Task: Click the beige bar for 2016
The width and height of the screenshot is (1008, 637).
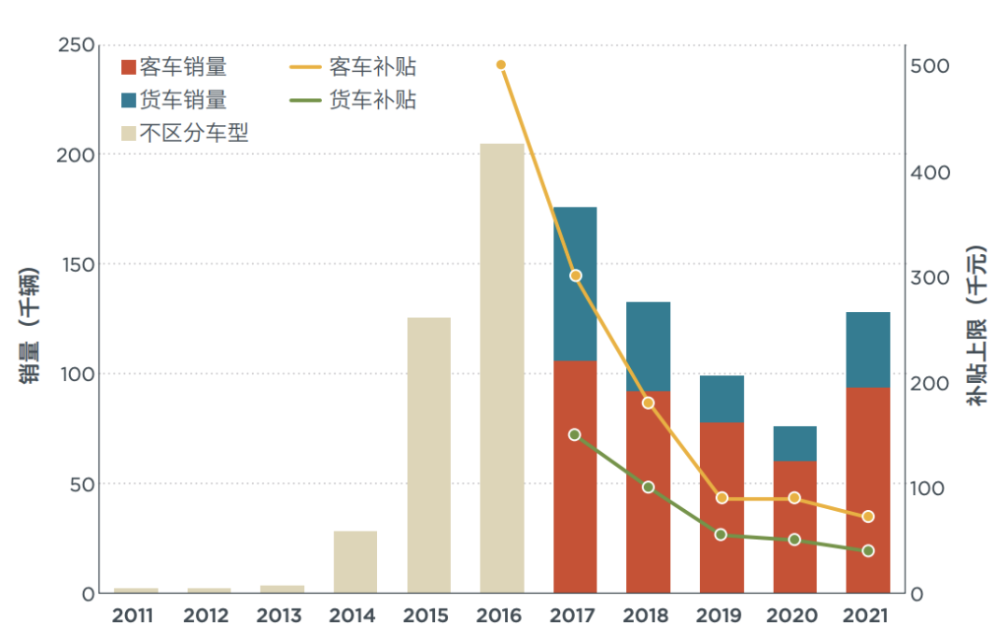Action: coord(501,368)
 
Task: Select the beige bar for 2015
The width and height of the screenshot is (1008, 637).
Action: coord(428,455)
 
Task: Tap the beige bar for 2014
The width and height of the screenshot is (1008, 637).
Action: coord(355,561)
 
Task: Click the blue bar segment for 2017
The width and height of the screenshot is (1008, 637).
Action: coord(575,283)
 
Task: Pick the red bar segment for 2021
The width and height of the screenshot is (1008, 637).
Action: coord(868,490)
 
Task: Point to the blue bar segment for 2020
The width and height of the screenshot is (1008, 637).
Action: coord(794,444)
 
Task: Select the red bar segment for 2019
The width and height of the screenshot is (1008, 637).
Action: coord(721,507)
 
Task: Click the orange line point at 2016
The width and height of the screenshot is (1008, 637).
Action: coord(501,64)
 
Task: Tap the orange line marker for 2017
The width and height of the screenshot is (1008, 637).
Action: coord(575,276)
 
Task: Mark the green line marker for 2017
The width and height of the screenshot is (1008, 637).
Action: coord(575,434)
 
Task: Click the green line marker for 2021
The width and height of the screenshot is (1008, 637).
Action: coord(868,551)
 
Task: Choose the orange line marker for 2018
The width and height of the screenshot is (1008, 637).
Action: coord(649,403)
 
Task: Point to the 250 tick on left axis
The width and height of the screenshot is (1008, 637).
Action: coord(76,45)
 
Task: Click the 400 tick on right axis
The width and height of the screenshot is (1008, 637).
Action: coord(931,173)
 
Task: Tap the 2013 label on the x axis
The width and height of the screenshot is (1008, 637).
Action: coord(279,616)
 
